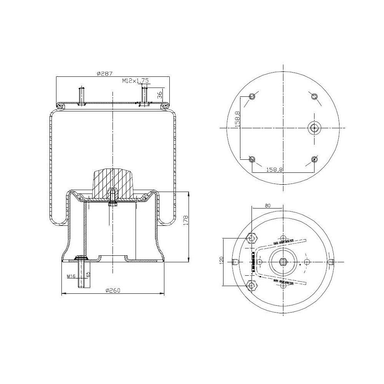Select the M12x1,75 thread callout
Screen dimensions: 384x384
(136, 81)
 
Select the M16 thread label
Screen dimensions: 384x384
(70, 276)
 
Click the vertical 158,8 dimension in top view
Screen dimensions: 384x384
(238, 119)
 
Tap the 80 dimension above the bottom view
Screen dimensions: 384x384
(268, 205)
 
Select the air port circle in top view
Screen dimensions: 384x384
(314, 128)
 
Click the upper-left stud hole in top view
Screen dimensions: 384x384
(252, 96)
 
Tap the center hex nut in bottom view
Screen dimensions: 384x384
(283, 262)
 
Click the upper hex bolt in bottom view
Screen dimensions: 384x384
(252, 239)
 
